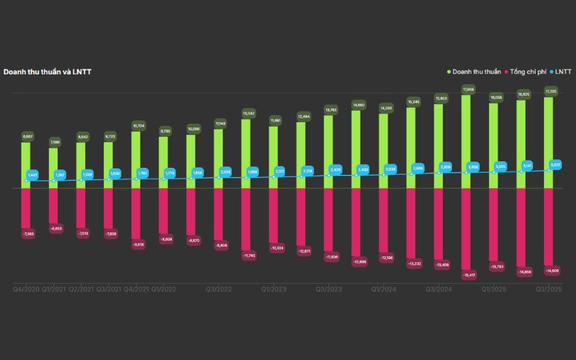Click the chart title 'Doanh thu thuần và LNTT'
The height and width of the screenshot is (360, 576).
pos(47,72)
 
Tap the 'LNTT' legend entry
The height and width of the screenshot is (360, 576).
pos(562,72)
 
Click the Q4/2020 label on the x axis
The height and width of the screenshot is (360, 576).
pos(26,289)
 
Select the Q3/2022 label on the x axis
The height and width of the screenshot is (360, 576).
pos(219,289)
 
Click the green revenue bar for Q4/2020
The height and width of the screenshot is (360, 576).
pos(26,164)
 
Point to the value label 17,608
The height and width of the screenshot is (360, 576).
pos(467,89)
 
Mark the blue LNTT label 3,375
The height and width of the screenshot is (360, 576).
pos(555,165)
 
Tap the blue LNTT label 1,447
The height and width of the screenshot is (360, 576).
pos(32,175)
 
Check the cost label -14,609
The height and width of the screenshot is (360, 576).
pos(551,270)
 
